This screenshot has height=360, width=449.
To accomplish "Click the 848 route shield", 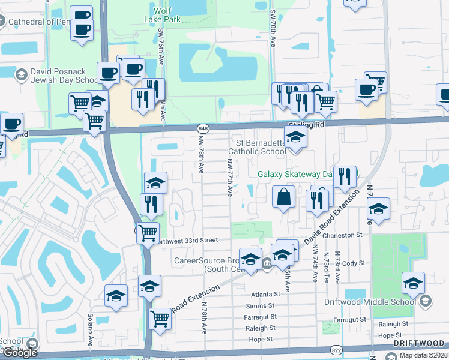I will coord(203,128).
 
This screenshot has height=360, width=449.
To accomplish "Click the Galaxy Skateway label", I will coord(295,175).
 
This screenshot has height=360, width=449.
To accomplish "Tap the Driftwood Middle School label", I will coord(369,302).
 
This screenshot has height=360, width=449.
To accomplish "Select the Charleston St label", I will coord(343,236).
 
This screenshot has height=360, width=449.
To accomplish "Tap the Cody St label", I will coord(354,263).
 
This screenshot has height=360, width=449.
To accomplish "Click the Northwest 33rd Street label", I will coord(187,240).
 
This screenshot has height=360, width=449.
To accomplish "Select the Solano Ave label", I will coord(90,324).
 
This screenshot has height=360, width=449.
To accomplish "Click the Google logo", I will coord(20,353).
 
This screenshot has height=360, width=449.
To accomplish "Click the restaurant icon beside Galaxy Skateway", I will coord(344,176).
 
